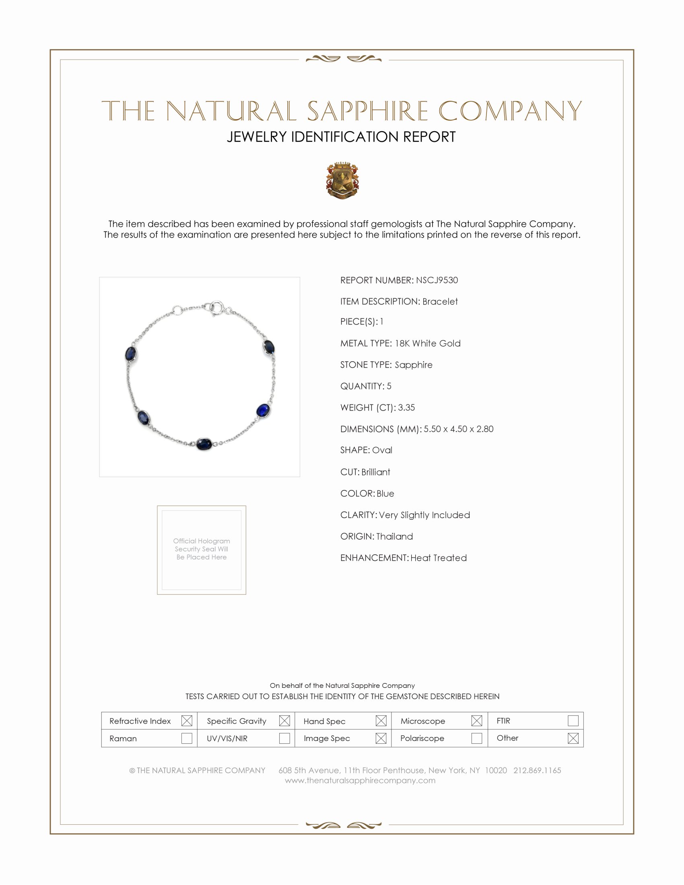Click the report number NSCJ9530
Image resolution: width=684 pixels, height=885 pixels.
tap(437, 280)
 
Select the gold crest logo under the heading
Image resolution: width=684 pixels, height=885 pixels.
tap(342, 181)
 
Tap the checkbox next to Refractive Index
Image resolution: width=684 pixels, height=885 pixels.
tap(186, 721)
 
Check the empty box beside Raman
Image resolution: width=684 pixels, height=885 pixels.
tap(186, 738)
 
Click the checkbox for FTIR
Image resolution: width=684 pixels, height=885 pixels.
tap(573, 721)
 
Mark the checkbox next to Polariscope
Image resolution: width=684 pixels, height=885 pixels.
tap(476, 738)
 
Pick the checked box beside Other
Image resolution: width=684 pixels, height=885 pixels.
tap(573, 738)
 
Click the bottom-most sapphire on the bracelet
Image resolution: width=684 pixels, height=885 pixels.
tap(204, 443)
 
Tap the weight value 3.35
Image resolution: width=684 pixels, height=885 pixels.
tap(406, 408)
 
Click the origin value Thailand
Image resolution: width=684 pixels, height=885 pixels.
tap(394, 537)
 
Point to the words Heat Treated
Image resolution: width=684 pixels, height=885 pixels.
tap(439, 558)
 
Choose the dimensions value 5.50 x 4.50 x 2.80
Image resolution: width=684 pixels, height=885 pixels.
tap(458, 429)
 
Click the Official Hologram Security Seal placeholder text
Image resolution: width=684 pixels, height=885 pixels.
tap(202, 549)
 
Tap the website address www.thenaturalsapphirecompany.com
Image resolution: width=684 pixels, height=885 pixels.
tap(360, 780)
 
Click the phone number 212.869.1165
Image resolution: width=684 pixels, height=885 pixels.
tap(537, 770)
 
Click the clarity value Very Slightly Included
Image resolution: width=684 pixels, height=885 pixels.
tap(424, 515)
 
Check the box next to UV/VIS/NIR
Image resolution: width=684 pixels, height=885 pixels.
tap(284, 738)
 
